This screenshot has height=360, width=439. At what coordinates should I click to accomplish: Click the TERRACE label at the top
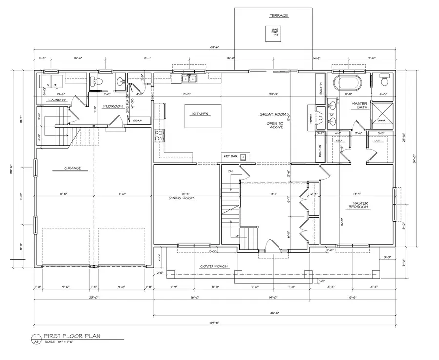[x=279, y=16]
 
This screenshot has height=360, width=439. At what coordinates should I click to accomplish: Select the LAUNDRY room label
[x=57, y=100]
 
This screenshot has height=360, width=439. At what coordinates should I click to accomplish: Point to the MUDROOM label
[x=112, y=106]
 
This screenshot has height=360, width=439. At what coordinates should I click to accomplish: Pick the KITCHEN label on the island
[x=200, y=114]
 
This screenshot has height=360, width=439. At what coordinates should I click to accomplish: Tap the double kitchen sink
[x=189, y=79]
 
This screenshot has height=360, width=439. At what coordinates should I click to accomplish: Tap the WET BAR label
[x=230, y=156]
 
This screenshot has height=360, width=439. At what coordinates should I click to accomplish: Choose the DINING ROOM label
[x=181, y=198]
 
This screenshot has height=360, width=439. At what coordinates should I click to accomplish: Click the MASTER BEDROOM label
[x=360, y=205]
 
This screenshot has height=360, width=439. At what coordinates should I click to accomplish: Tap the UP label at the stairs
[x=238, y=235]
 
